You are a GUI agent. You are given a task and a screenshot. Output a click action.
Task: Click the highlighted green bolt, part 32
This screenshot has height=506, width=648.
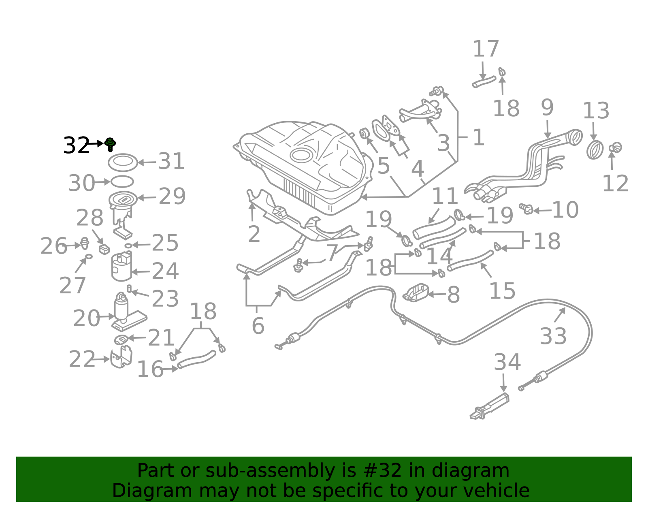pos(110,144)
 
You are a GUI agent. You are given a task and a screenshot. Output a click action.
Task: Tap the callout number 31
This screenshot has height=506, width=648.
pos(171,161)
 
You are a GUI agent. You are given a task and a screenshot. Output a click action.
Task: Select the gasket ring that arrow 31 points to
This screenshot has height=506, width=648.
pos(123,162)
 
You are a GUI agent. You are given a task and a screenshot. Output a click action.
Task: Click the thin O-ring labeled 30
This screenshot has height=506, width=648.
pos(122,181)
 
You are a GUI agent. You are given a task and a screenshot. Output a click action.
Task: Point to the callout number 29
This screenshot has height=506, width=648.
pos(172,196)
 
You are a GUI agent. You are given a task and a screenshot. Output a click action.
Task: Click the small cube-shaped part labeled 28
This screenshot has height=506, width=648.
pos(104,249)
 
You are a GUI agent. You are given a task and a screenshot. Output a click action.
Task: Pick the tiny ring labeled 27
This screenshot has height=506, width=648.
pos(89,256)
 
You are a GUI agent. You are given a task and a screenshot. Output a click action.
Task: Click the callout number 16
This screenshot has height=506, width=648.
pos(150,369)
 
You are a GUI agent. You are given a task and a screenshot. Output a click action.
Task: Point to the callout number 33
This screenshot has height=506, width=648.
pos(553,336)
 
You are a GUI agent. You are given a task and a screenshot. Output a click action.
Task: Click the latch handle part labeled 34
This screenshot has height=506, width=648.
pos(489,406)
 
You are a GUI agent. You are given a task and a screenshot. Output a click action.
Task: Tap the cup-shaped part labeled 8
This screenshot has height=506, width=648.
pos(416,292)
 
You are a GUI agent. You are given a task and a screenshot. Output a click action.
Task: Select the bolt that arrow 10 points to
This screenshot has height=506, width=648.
pos(526,208)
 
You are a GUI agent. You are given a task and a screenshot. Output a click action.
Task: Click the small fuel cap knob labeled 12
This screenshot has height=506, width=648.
pos(615,147)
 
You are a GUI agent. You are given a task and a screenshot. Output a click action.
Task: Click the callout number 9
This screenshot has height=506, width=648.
pos(547,108)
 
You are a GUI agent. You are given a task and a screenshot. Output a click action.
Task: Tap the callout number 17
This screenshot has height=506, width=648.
pos(486,49)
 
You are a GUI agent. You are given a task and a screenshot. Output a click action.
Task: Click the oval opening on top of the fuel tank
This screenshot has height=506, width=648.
pos(301,155)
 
